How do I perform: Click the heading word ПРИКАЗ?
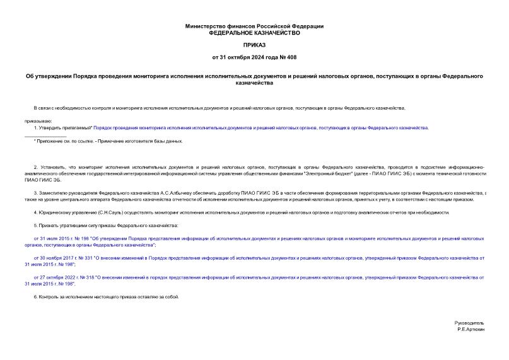(x=254, y=45)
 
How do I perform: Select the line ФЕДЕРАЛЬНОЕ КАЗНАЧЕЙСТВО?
(x=254, y=32)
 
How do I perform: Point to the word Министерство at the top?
(x=204, y=26)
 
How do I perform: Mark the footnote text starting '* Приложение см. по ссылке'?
(x=108, y=141)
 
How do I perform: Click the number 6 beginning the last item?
(x=35, y=296)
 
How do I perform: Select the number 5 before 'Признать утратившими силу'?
(x=35, y=225)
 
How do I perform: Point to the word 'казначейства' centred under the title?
(x=254, y=83)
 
